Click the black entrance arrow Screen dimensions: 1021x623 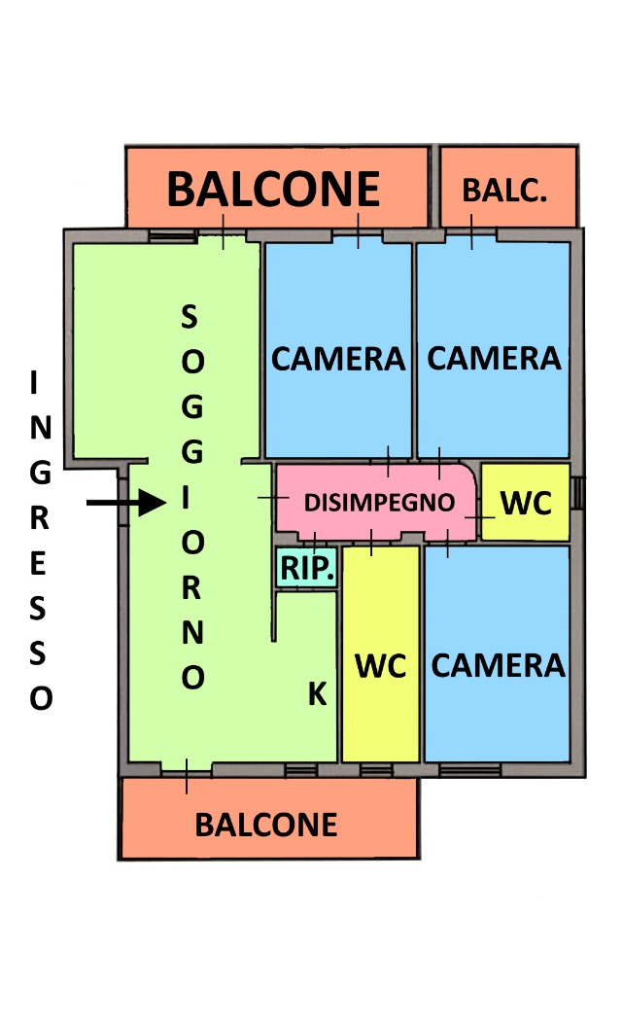(126, 502)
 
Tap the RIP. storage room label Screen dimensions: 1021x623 (308, 568)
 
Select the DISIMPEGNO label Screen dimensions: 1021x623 (380, 503)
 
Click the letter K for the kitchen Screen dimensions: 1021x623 (317, 694)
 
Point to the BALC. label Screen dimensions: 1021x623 (505, 190)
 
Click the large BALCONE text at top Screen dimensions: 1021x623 (273, 189)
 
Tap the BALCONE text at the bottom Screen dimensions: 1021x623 (266, 825)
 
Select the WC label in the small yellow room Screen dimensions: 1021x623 (526, 503)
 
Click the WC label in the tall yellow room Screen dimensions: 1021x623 (380, 666)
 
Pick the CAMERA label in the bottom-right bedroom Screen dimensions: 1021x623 (498, 666)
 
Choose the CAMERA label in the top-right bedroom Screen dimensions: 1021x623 (494, 358)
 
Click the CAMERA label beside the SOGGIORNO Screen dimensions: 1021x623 (337, 359)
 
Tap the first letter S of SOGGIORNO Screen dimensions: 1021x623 (190, 316)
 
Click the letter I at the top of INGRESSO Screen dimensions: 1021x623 (36, 384)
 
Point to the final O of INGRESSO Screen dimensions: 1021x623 (40, 698)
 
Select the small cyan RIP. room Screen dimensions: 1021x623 (308, 568)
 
